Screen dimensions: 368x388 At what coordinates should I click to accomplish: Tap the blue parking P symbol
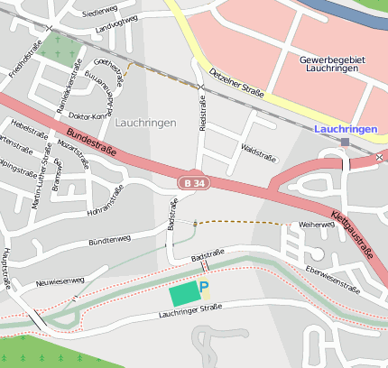click(204, 288)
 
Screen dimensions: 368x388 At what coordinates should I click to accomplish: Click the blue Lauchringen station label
click(346, 130)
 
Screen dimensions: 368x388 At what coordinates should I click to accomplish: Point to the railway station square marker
click(346, 142)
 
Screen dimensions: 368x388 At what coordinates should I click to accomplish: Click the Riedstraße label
click(203, 112)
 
